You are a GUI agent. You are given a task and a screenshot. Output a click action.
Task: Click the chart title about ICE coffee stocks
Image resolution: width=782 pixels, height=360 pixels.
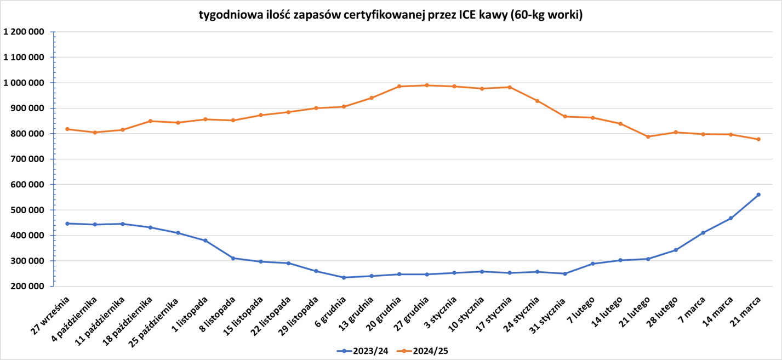pos(391,15)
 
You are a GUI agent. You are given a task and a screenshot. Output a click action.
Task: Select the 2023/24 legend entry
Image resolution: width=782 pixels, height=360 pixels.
pos(362,351)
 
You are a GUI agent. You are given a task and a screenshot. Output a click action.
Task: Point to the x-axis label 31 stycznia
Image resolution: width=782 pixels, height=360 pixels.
pos(551,315)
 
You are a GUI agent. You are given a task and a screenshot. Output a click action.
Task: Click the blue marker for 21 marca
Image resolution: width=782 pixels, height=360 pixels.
pos(758,195)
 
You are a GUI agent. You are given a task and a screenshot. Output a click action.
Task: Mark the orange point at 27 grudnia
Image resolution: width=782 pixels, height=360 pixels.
pos(427,85)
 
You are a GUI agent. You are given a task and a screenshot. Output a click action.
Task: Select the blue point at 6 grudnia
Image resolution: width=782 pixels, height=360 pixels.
pos(344,277)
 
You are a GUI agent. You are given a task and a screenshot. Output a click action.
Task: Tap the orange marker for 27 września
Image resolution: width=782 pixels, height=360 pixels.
pos(67,129)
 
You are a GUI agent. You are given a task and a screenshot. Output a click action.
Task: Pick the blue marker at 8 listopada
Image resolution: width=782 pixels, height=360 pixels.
pos(233,258)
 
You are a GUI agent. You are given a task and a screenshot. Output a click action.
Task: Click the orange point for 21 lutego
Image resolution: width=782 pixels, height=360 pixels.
pos(648,136)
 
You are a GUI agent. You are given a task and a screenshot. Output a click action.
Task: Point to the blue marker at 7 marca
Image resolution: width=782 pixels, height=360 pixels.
pos(703,233)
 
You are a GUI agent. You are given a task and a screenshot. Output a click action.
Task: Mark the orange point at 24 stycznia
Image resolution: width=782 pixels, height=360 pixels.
pos(537,101)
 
